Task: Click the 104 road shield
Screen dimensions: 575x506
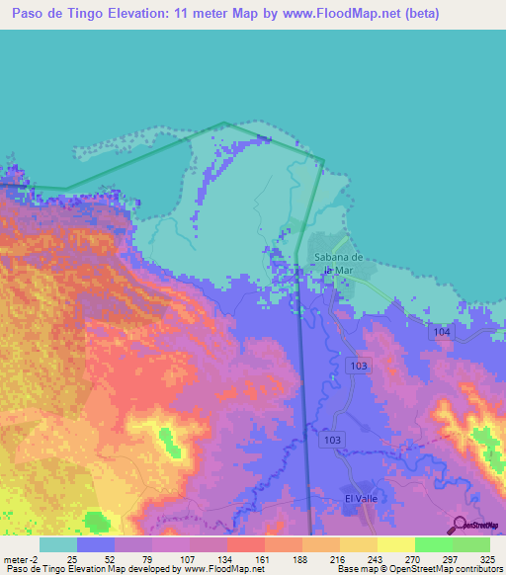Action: (x=442, y=333)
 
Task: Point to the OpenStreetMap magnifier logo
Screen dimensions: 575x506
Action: (x=460, y=524)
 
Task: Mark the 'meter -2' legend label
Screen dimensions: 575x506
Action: (x=21, y=560)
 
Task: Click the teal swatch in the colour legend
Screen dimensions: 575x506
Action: (x=58, y=544)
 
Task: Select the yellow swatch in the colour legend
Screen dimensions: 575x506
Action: (x=396, y=544)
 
